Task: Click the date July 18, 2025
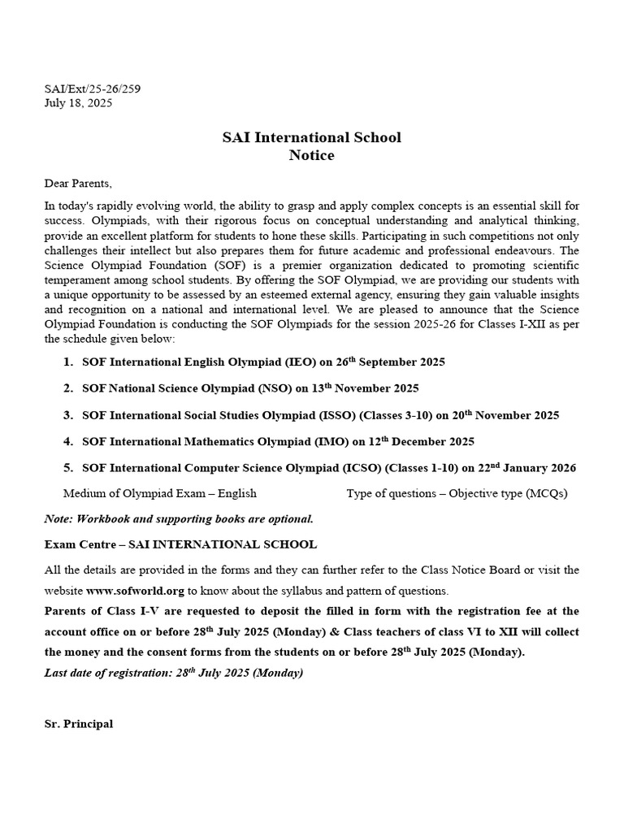(x=78, y=103)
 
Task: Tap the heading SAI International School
(x=311, y=137)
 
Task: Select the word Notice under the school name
(x=311, y=155)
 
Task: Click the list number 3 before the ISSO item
(x=68, y=415)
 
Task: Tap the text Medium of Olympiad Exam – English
(x=159, y=493)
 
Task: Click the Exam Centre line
(x=180, y=544)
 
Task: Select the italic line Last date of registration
(x=173, y=674)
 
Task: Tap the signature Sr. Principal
(x=79, y=724)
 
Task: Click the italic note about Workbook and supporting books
(x=179, y=519)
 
